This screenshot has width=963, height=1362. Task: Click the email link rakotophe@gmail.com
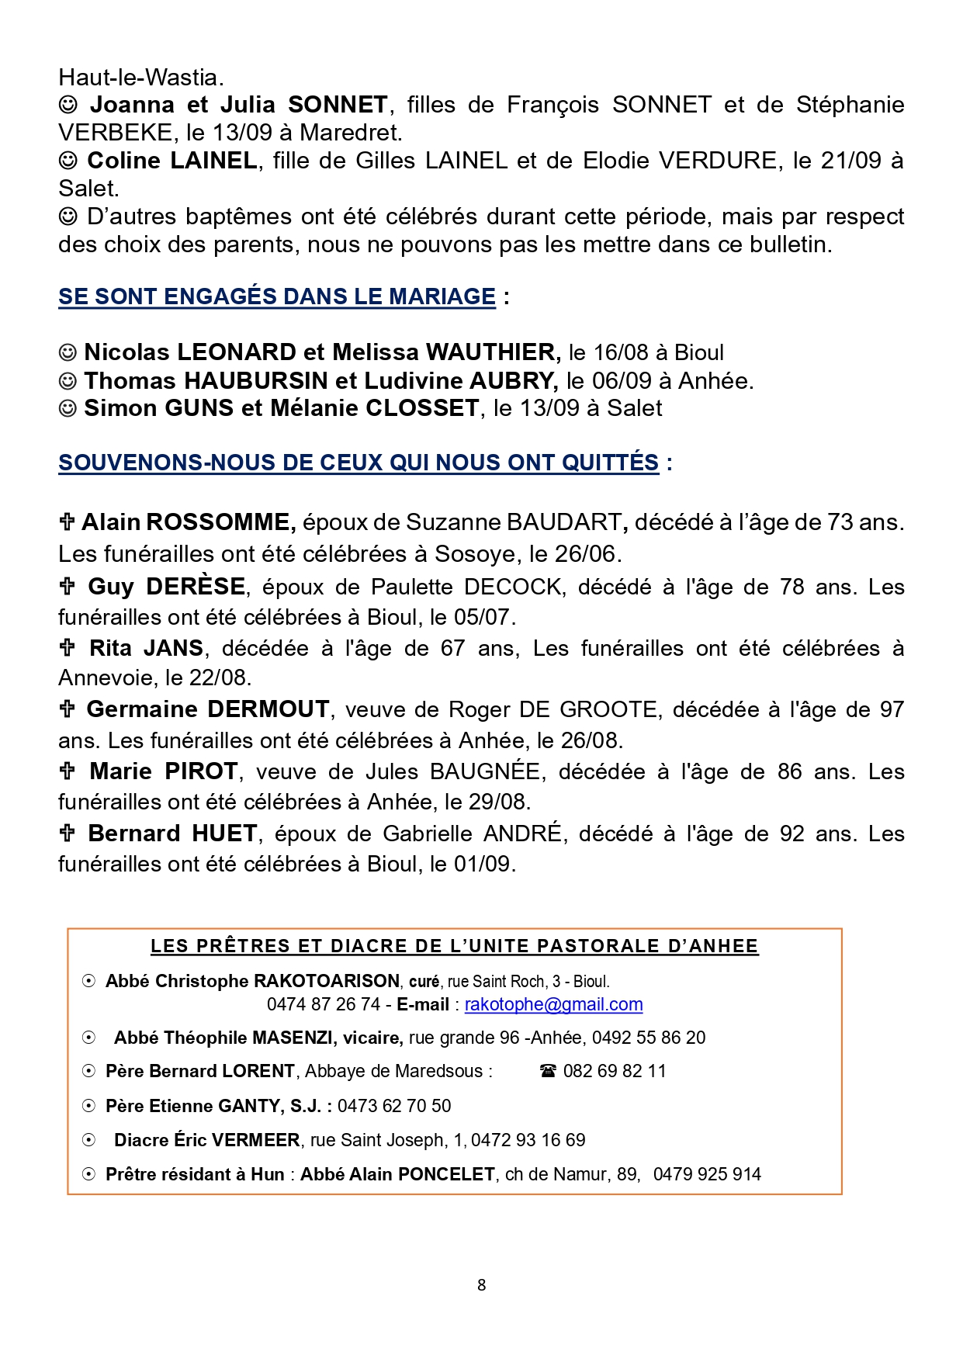pyautogui.click(x=553, y=1004)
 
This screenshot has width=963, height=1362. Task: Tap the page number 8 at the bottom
pyautogui.click(x=481, y=1285)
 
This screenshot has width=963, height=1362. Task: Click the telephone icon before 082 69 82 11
pyautogui.click(x=548, y=1072)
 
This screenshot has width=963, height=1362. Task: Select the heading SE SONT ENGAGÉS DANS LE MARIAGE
pyautogui.click(x=277, y=296)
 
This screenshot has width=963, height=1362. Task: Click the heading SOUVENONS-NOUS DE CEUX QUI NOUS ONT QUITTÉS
pyautogui.click(x=359, y=463)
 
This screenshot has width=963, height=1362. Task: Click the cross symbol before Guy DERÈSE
pyautogui.click(x=68, y=586)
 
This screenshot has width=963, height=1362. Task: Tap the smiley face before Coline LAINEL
pyautogui.click(x=68, y=161)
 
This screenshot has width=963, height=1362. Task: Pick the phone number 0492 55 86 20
pyautogui.click(x=649, y=1038)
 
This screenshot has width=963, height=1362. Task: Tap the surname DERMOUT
pyautogui.click(x=268, y=709)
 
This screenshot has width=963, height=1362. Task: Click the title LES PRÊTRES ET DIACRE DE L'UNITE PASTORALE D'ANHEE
pyautogui.click(x=454, y=946)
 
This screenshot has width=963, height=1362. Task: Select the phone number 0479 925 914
pyautogui.click(x=707, y=1174)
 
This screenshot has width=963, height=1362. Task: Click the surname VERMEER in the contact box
pyautogui.click(x=255, y=1140)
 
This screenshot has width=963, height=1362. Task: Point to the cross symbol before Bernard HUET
pyautogui.click(x=68, y=833)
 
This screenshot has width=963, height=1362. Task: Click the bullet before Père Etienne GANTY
pyautogui.click(x=89, y=1106)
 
